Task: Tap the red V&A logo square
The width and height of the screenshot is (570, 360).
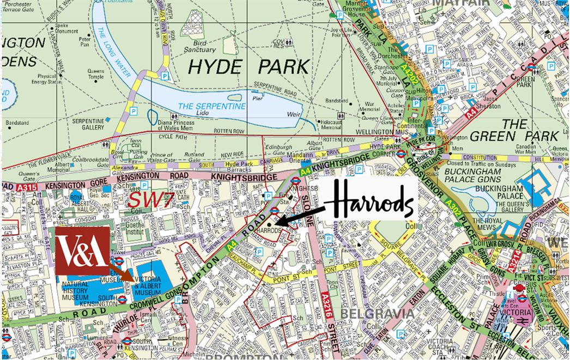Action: coord(82,251)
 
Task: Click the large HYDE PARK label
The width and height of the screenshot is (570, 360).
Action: coord(248,67)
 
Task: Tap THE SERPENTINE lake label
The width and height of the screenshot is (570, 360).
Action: coord(213,106)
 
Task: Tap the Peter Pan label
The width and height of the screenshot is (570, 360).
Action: coord(85,42)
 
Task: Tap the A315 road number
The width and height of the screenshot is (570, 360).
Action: coord(28,186)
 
